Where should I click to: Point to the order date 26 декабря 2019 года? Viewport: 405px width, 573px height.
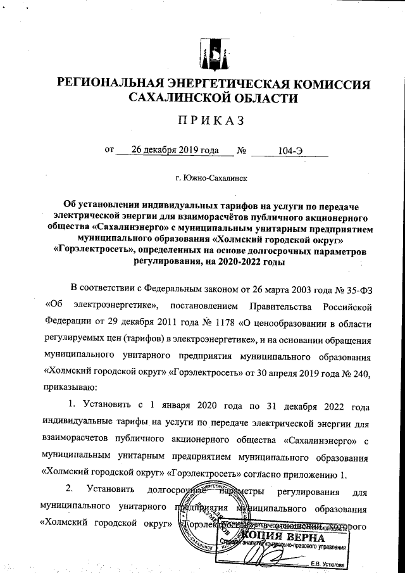tap(170, 151)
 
